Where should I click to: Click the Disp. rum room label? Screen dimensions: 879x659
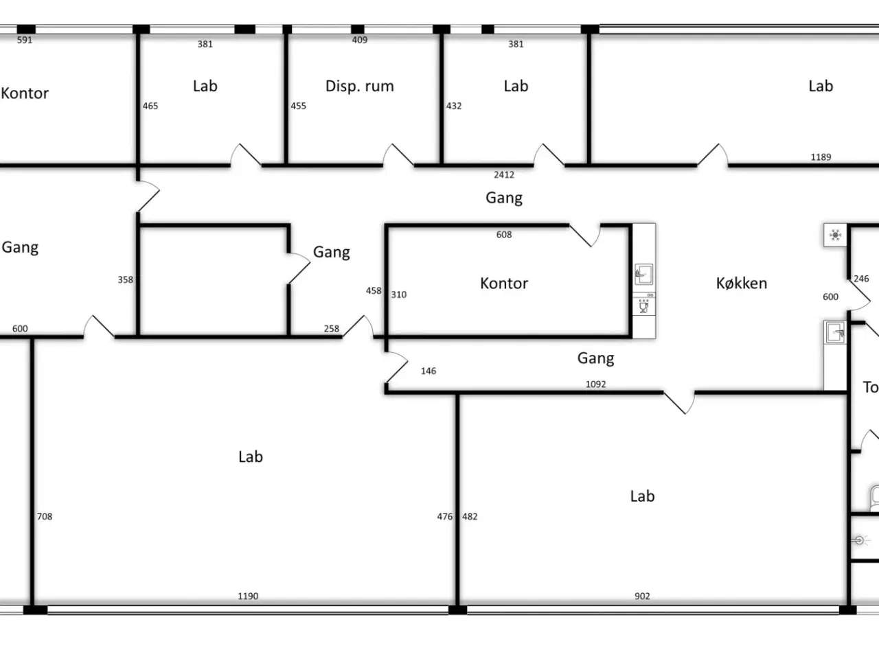tap(360, 86)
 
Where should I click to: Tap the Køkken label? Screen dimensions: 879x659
tap(742, 284)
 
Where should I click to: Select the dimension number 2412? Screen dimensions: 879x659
tap(504, 175)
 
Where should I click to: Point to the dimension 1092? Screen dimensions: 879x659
tap(595, 384)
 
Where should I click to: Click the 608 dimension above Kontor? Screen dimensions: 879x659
tap(504, 235)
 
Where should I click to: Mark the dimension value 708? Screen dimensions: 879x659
tap(45, 516)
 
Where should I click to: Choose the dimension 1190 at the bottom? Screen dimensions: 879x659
tap(248, 596)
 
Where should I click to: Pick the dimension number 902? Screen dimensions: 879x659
tap(642, 596)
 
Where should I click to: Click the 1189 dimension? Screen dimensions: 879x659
tap(821, 157)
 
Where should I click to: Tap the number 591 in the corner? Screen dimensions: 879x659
tap(25, 40)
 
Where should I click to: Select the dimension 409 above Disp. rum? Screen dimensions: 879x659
tap(360, 40)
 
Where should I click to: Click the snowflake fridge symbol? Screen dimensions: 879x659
tap(835, 235)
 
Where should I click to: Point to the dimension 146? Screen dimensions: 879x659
tap(428, 371)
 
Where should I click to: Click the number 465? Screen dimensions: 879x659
tap(150, 106)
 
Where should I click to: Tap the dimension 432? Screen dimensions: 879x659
tap(454, 106)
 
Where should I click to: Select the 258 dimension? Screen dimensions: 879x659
tap(331, 329)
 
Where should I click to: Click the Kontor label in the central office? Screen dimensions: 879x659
tap(504, 284)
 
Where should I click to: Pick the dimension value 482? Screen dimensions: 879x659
tap(470, 516)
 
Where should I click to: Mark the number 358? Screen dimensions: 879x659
tap(125, 279)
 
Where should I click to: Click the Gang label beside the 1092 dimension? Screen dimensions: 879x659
tap(595, 358)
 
